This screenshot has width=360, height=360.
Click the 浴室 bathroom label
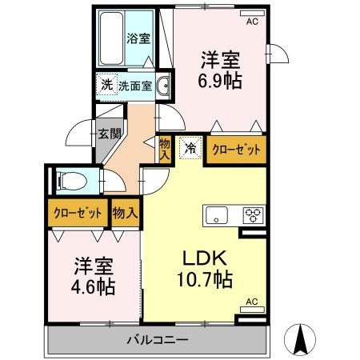138,38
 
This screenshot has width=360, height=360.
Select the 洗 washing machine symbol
106,85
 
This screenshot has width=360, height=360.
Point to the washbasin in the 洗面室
163,86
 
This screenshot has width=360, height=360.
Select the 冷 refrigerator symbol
190,147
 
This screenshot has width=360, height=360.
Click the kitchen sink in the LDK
218,214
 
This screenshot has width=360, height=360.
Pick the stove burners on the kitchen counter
254,214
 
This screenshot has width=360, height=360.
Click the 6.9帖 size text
221,81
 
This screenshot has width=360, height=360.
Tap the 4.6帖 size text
94,286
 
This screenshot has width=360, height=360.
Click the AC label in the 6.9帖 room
252,22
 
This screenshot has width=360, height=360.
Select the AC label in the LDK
251,302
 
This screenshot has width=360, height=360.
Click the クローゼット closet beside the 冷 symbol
234,149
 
